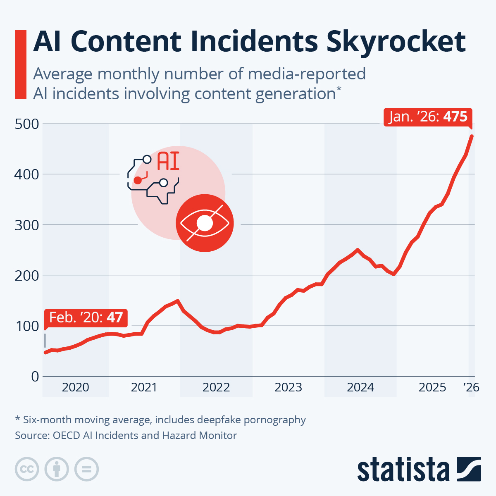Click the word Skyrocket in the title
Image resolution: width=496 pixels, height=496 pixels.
coord(396,42)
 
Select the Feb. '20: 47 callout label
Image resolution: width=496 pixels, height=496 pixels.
coord(86,317)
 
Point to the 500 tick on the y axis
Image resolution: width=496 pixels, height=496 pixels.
coord(27,124)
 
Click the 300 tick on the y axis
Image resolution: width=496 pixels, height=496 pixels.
coord(27,225)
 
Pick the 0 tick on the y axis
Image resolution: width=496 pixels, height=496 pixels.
coord(35,377)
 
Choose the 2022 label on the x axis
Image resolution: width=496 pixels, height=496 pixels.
coord(216,388)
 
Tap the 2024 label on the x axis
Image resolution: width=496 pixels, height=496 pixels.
coord(360,388)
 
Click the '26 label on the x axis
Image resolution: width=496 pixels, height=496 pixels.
coord(471,387)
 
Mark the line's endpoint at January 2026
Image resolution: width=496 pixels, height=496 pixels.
coord(472,136)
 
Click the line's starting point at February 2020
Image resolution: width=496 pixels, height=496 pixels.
coord(45,352)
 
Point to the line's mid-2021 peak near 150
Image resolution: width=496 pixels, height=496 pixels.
coord(177,301)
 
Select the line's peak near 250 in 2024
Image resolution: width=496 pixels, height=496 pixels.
coord(358,250)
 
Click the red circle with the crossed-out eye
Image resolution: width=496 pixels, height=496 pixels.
coord(205,223)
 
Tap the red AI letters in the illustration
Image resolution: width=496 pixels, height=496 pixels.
coord(168,162)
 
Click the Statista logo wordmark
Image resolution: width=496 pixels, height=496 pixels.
coord(403,470)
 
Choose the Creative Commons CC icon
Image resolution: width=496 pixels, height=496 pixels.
coord(27,470)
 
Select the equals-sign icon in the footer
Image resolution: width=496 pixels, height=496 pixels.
coord(86,470)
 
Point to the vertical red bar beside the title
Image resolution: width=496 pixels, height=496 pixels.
coord(20,64)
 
